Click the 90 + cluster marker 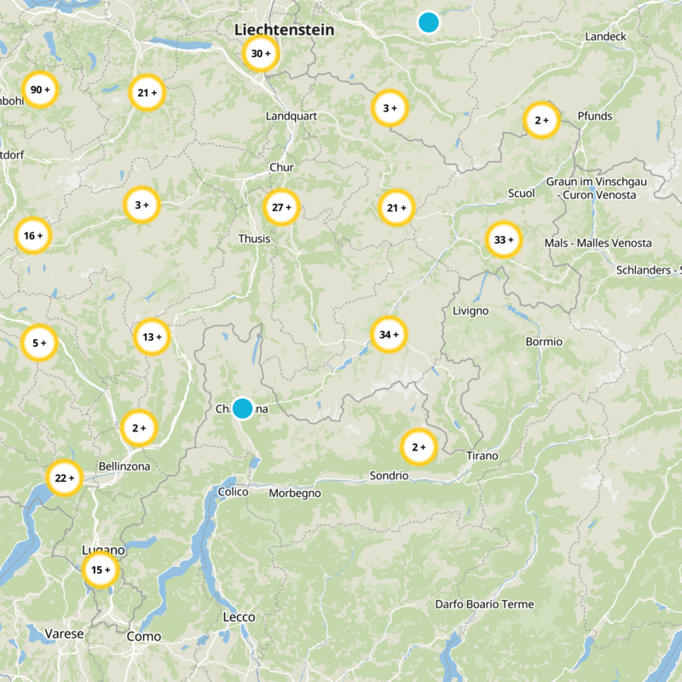click(x=39, y=90)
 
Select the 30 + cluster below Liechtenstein click(x=261, y=54)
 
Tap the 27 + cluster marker click(x=281, y=207)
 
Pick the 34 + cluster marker click(x=389, y=335)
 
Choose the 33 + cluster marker click(x=503, y=240)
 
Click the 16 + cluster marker click(x=33, y=236)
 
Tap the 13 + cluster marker click(x=153, y=337)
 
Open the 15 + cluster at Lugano click(x=101, y=570)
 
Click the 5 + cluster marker click(x=39, y=343)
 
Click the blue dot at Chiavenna click(x=243, y=408)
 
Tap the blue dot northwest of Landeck click(x=429, y=22)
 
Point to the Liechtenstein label click(x=284, y=30)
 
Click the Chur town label click(x=281, y=167)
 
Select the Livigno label click(x=471, y=310)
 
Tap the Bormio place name click(x=544, y=341)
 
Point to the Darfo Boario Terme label click(x=484, y=604)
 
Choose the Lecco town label click(x=239, y=616)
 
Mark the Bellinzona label click(x=124, y=466)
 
